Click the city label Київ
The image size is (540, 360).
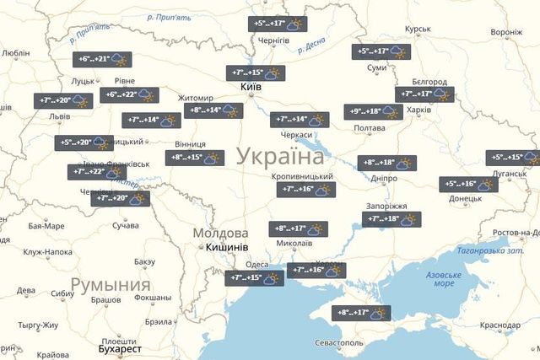[251, 87]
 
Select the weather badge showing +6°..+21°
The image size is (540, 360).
[101, 60]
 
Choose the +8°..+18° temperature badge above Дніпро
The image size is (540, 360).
[386, 163]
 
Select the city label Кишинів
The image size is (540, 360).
[226, 247]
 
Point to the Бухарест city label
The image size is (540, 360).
[120, 347]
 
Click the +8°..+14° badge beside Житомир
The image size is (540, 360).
[213, 110]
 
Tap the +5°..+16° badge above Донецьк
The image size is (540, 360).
[468, 184]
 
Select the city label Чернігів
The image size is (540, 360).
[274, 40]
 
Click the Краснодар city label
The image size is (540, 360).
[499, 325]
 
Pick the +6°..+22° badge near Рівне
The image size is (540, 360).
[129, 94]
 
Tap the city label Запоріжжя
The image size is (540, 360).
[386, 206]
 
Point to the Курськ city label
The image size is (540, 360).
[418, 30]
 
